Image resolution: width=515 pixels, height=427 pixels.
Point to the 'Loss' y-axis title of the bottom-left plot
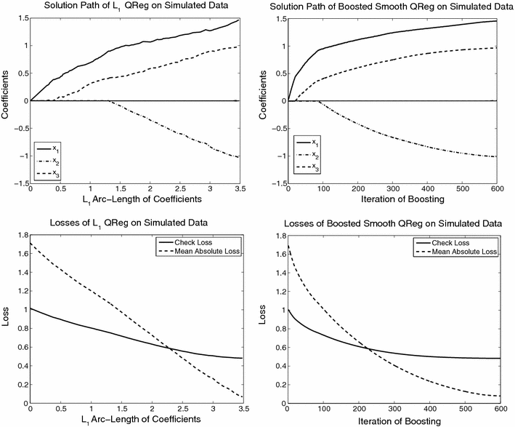(x=7, y=317)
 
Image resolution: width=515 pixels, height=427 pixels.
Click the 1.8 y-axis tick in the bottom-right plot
(x=275, y=231)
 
